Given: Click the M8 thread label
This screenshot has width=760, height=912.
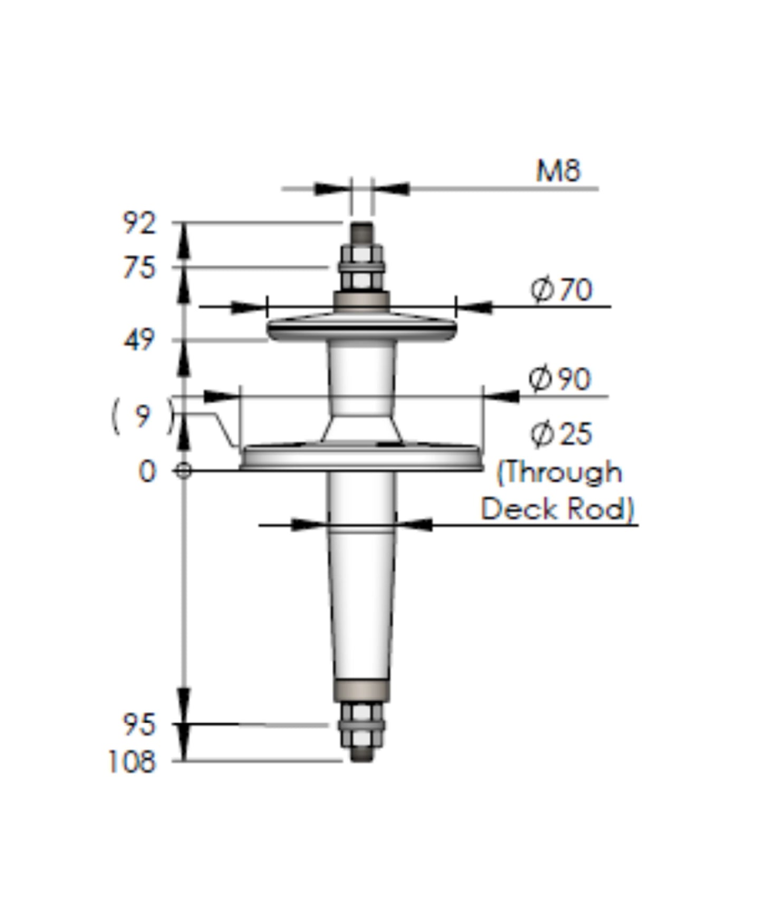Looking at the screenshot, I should point(558,171).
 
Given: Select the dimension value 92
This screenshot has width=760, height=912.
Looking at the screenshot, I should point(140,223).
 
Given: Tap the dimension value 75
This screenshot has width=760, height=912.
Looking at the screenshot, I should point(140,268).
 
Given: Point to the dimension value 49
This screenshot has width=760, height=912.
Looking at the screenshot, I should point(140,340).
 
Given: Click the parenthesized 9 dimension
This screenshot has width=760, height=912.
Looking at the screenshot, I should point(142,417).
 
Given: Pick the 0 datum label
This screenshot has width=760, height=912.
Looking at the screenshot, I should point(147,471).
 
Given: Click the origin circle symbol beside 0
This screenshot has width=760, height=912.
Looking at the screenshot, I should point(183,470).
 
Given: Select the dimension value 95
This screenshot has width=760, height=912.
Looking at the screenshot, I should point(140,725).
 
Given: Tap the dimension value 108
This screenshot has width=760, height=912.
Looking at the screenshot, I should point(132,762).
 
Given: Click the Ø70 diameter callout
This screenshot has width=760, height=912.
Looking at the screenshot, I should point(561,290).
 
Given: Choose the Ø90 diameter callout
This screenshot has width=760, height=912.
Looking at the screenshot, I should point(559,379).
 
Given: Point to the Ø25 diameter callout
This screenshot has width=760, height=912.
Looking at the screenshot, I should point(560,434).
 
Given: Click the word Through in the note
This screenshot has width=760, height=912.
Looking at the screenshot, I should point(559,472).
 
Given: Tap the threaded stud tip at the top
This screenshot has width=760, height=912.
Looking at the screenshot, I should point(362,231).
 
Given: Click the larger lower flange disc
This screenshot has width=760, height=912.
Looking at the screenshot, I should point(362,457).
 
